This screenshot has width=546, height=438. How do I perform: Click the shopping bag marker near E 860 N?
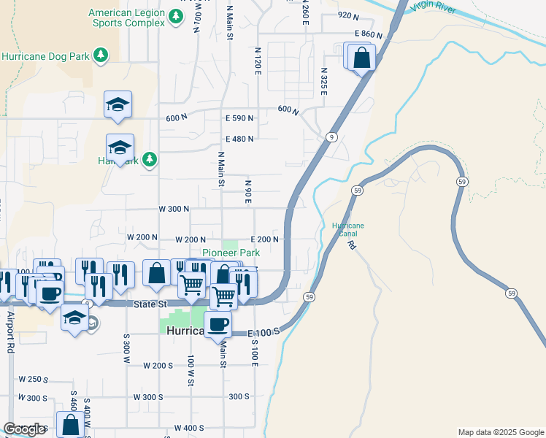pyautogui.click(x=361, y=57)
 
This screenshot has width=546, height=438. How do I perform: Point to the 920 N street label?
pyautogui.click(x=349, y=15)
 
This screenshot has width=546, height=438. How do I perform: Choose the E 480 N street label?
pyautogui.click(x=239, y=139)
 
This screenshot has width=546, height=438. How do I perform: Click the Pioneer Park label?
pyautogui.click(x=231, y=253)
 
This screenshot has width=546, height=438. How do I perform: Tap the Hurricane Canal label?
pyautogui.click(x=347, y=230)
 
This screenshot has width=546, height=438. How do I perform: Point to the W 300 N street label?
pyautogui.click(x=174, y=209)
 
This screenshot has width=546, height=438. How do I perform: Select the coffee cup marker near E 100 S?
pyautogui.click(x=218, y=323)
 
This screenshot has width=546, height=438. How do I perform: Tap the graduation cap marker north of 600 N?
pyautogui.click(x=118, y=105)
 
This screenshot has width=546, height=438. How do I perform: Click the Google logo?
pyautogui.click(x=25, y=429)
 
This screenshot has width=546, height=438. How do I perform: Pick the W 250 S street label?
pyautogui.click(x=32, y=380)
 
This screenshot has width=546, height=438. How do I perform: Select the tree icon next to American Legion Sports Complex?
pyautogui.click(x=175, y=17)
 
